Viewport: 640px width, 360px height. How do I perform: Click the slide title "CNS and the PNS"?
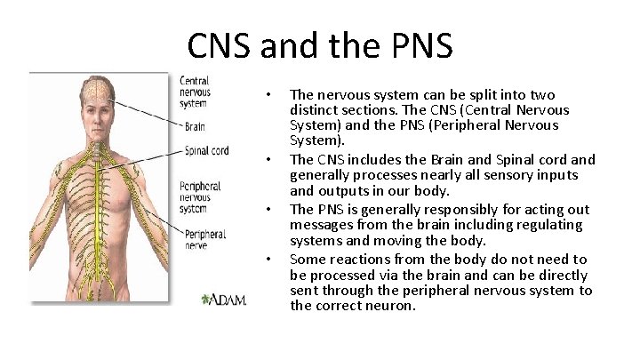(319, 44)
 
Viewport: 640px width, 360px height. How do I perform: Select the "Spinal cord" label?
(206, 151)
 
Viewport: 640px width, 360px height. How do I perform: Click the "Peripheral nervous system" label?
(201, 198)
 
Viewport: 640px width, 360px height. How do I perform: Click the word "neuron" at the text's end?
(389, 306)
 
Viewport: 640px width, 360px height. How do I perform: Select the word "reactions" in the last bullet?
(357, 259)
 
